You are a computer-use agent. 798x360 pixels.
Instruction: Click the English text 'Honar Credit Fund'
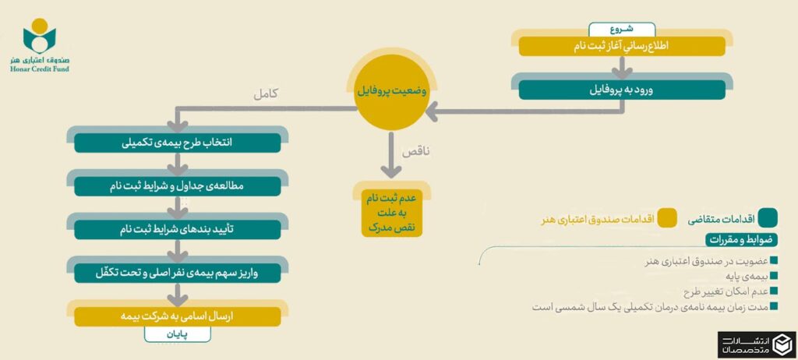41,69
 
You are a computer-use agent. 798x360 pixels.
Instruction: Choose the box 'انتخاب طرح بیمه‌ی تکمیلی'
178,143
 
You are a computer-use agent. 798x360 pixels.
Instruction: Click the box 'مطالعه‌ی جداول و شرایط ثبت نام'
178,186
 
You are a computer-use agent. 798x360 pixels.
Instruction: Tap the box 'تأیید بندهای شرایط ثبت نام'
178,229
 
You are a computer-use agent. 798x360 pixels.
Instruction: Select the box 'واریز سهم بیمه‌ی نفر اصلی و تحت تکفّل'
178,274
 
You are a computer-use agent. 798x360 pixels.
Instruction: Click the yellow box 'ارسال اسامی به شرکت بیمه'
178,316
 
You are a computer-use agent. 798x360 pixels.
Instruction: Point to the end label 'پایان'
177,335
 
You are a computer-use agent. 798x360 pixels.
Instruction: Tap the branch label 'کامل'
267,94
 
